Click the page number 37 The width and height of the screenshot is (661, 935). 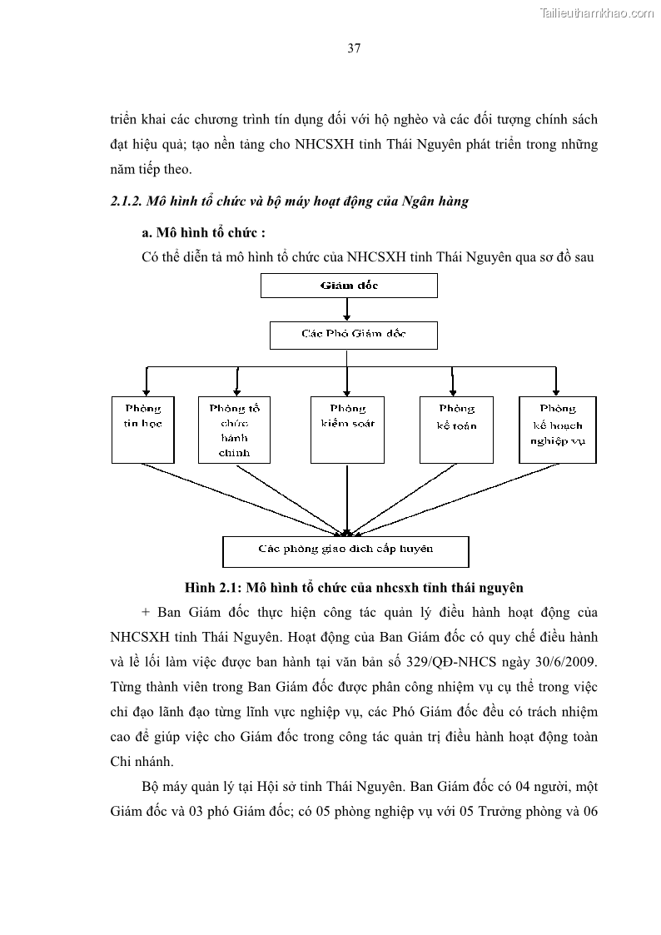(354, 48)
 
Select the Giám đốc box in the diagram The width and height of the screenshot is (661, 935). (348, 286)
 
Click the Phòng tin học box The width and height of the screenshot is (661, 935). (142, 430)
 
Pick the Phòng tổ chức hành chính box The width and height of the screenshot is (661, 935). (236, 430)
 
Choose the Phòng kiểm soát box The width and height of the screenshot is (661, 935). (346, 430)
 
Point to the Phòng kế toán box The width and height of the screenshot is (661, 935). (456, 430)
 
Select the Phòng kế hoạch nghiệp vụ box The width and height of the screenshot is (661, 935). (557, 430)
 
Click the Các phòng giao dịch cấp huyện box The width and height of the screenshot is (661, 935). (345, 550)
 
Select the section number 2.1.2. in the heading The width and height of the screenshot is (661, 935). (126, 201)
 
